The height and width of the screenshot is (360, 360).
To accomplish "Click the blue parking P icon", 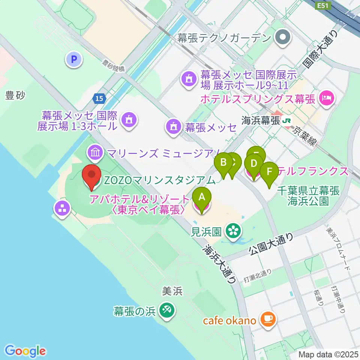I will click(x=74, y=59).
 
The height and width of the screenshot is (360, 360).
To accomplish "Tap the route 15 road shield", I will click(x=99, y=98).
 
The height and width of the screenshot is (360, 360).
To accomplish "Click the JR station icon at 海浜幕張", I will click(x=287, y=121).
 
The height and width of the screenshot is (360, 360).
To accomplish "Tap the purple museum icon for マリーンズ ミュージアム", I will click(x=94, y=152).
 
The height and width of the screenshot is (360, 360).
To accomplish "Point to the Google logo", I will click(x=25, y=351).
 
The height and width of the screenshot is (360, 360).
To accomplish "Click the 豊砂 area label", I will click(x=15, y=96).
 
